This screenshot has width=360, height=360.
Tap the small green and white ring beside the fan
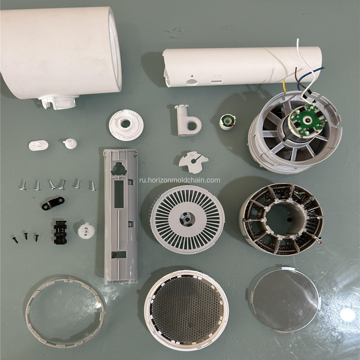228,121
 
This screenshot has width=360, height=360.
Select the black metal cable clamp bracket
53,203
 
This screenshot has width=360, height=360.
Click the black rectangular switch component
60,232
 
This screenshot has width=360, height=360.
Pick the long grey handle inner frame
121,216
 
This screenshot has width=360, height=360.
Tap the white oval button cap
39,145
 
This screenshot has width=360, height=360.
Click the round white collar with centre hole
126,125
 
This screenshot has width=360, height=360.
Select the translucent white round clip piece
86,230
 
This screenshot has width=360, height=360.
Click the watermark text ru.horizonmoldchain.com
180,180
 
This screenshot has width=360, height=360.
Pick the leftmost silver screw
23,186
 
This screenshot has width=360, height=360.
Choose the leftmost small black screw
15,240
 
